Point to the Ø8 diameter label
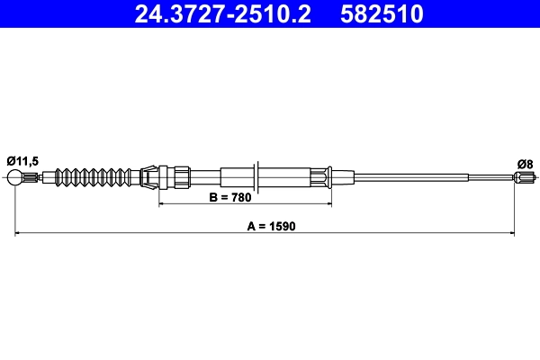click(x=525, y=163)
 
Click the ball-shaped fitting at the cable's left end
click(x=15, y=178)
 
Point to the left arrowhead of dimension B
click(x=164, y=204)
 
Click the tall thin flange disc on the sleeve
click(x=257, y=175)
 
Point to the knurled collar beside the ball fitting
click(x=31, y=177)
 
